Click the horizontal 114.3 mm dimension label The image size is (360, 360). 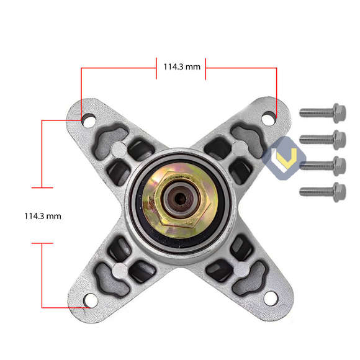point(181,66)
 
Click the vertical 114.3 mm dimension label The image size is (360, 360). point(42,216)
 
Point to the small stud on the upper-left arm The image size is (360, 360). point(120,146)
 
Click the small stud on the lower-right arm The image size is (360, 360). point(240,268)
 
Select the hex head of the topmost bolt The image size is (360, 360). point(339,112)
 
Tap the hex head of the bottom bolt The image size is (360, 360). point(339,192)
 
